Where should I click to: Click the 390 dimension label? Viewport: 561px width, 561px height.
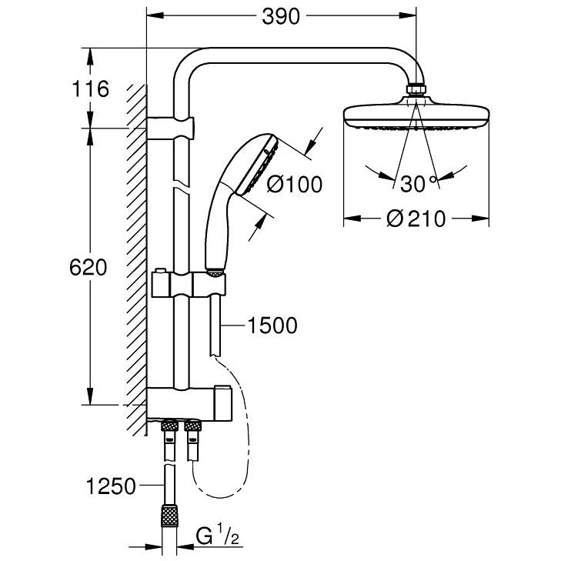(x=280, y=16)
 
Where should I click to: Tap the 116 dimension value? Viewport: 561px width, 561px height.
(x=90, y=88)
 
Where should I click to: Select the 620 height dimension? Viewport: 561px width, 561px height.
(x=88, y=267)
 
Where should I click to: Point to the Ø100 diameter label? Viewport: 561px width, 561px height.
(x=295, y=184)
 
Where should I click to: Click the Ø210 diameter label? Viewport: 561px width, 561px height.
(x=416, y=219)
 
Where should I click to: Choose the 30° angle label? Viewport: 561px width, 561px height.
(x=419, y=184)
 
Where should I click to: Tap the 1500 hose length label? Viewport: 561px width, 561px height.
(x=272, y=326)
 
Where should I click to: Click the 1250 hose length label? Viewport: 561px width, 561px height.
(x=111, y=486)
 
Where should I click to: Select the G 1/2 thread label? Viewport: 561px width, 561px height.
(x=217, y=536)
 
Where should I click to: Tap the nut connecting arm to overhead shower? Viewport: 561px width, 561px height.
(x=416, y=90)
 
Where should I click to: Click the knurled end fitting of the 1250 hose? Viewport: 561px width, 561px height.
(x=169, y=516)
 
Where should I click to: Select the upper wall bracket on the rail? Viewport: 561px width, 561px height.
(x=170, y=128)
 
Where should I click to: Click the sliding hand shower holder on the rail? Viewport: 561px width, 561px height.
(x=189, y=285)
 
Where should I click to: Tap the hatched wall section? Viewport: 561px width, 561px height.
(x=136, y=260)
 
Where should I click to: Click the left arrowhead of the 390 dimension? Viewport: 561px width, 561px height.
(x=155, y=15)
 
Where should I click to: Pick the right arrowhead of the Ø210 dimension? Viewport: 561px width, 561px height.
(x=480, y=219)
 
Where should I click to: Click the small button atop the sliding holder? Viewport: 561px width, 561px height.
(x=161, y=270)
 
